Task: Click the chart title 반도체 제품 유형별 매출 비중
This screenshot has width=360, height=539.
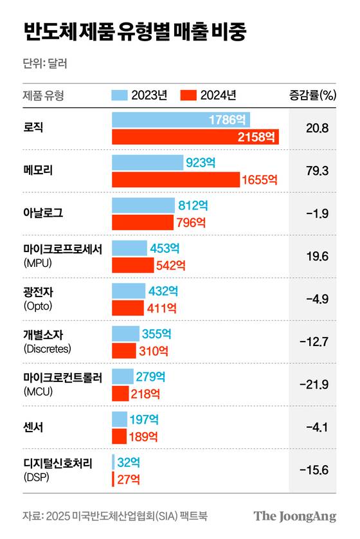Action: point(134,32)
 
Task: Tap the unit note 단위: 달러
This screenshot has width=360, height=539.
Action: point(44,64)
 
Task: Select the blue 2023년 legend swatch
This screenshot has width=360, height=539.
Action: point(119,95)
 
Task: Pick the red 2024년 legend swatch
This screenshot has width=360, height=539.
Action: point(188,95)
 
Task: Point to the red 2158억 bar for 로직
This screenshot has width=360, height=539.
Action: point(195,136)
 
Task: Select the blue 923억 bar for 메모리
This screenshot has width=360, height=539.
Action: point(147,162)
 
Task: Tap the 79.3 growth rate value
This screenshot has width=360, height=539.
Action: point(318,171)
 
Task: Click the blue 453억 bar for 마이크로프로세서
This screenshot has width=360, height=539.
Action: point(129,248)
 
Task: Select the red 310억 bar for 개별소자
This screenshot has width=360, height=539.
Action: point(123,351)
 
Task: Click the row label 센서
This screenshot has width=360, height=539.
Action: point(33,427)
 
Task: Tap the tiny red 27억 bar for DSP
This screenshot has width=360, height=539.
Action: point(113,479)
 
